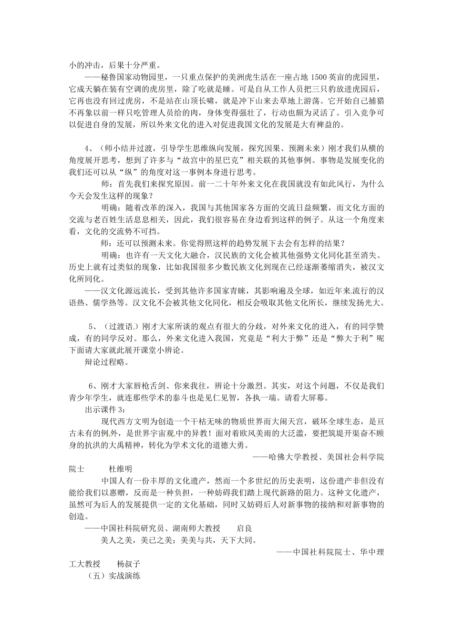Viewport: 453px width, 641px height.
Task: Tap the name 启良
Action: [x=244, y=528]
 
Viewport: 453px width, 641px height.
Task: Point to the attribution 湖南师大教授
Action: [x=197, y=528]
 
